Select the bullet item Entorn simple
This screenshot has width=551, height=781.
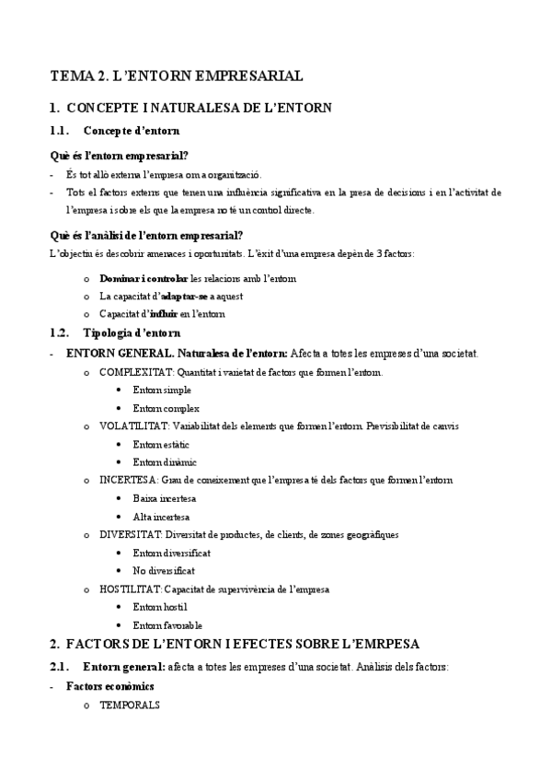click(x=162, y=390)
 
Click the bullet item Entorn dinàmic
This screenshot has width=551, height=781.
click(x=165, y=462)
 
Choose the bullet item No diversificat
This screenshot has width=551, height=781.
click(x=164, y=570)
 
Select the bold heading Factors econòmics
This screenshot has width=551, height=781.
click(x=109, y=687)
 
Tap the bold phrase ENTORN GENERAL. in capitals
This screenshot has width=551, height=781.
click(x=120, y=354)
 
